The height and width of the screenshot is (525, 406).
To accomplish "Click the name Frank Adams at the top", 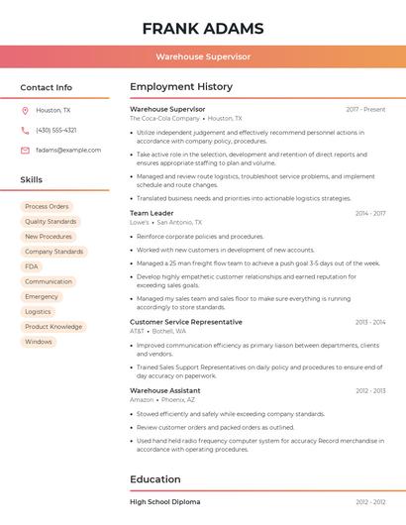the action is pos(203,28).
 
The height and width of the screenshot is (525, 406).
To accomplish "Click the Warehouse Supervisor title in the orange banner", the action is pos(203,57).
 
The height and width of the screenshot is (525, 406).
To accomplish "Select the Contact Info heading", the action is pos(47,87).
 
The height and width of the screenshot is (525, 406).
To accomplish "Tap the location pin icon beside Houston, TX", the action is pos(25,111).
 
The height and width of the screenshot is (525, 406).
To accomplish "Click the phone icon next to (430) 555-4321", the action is pos(25,131).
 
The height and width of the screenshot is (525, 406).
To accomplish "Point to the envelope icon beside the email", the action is pos(25,151).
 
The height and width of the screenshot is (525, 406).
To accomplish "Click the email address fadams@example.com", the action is pos(68,151).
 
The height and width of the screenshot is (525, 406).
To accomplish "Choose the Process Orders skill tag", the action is pos(47,206).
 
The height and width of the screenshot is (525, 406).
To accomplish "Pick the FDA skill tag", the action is pos(32,266).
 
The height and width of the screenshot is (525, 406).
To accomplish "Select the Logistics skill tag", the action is pos(38,311).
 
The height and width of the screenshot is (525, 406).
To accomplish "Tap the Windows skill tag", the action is pos(39,342).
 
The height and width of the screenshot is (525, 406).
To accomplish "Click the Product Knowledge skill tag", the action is pos(53,327).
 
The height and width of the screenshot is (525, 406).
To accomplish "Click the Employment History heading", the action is pos(181,87).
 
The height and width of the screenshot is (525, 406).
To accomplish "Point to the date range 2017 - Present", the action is pos(365,109).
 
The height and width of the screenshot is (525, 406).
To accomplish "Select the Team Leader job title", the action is pos(152,213).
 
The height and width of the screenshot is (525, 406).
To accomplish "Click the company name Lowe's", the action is pos(140,223).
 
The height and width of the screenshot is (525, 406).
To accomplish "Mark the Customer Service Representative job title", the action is pos(186,322).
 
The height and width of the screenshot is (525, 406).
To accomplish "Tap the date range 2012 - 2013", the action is pos(370,390).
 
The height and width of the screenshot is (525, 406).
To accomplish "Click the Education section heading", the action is pos(155,479).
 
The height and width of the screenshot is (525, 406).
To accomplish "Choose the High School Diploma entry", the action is pos(165,502).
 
